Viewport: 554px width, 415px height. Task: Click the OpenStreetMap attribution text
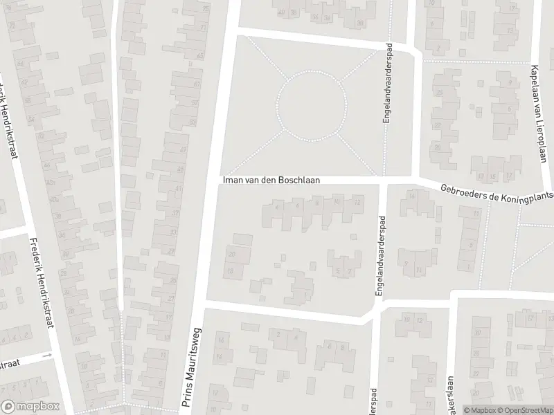pos(521,409)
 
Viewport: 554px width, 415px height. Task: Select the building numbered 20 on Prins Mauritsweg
pos(231,255)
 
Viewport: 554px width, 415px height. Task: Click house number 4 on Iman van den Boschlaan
pos(277,205)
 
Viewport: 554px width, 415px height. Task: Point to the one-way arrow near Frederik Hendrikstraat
pos(47,356)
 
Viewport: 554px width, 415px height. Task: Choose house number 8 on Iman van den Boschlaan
pos(317,203)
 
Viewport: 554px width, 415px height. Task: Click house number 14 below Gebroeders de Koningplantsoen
pos(411,196)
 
